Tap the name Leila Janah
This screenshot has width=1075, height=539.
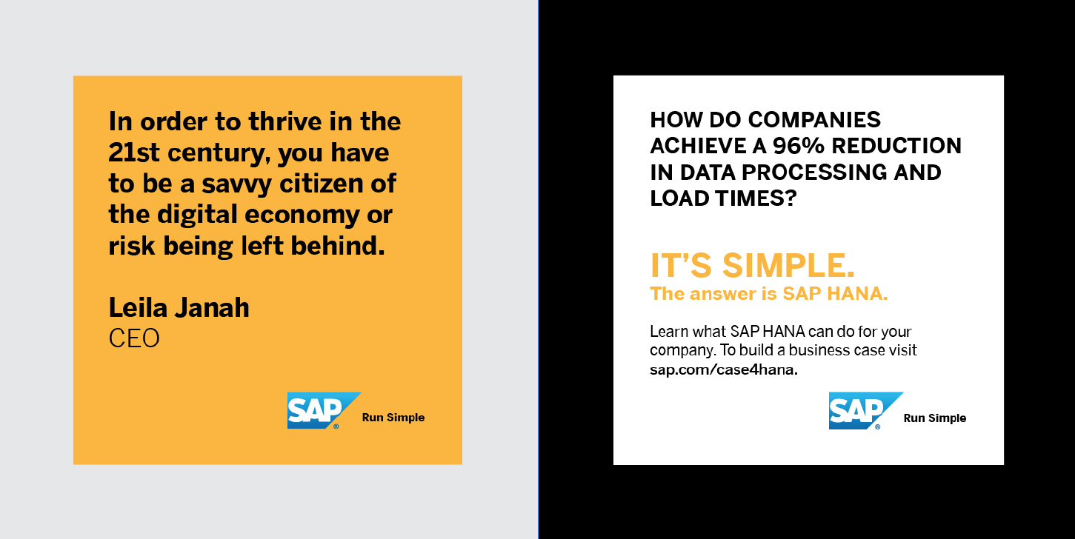(x=179, y=307)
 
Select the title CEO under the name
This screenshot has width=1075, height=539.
(x=134, y=338)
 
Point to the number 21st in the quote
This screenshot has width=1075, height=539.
(x=134, y=153)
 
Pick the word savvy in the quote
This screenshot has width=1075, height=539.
(x=236, y=184)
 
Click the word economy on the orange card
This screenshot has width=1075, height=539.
(x=302, y=215)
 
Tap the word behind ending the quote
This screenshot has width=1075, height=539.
(x=338, y=246)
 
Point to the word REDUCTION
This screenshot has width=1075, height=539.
(x=896, y=146)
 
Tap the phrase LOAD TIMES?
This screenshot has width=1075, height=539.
(x=723, y=198)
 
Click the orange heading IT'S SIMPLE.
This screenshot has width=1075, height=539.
(x=753, y=265)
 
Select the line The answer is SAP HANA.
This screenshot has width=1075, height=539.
(x=769, y=293)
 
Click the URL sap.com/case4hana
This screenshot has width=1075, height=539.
(x=724, y=369)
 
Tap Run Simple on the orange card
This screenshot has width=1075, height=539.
(x=393, y=418)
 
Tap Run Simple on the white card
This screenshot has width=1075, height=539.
(x=935, y=418)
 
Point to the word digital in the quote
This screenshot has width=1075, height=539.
(x=197, y=215)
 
